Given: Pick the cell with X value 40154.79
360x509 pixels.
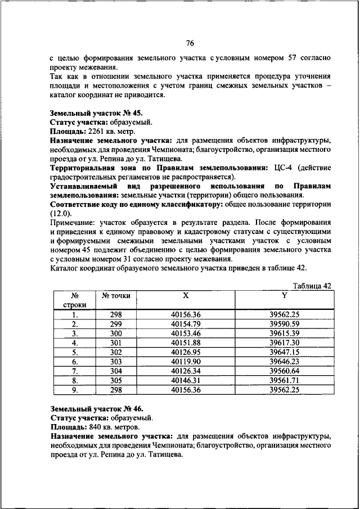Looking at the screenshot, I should point(186,324).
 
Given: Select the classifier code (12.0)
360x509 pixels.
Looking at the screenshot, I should point(61,214).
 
